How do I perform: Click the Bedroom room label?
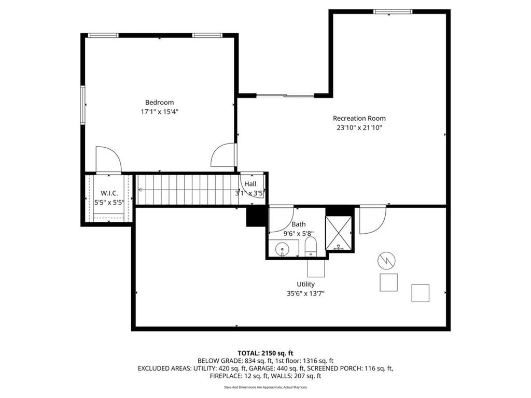click(x=159, y=102)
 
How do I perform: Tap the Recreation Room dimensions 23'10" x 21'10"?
click(x=359, y=127)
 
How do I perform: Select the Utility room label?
click(x=305, y=285)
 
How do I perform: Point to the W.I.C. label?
click(x=109, y=193)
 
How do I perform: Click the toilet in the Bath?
click(x=311, y=247)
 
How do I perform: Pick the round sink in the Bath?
click(x=282, y=249)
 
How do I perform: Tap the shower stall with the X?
click(x=338, y=233)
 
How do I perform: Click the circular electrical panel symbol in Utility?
click(x=386, y=261)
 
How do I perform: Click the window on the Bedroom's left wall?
click(x=82, y=105)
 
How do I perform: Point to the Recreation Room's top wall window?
click(x=393, y=12)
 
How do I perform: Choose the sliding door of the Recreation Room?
click(x=285, y=96)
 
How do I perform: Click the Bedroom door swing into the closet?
click(x=109, y=160)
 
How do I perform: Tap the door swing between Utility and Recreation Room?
click(x=373, y=220)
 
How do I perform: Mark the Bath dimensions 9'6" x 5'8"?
click(x=298, y=233)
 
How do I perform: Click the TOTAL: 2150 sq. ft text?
click(x=265, y=353)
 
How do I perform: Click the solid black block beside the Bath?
click(x=257, y=216)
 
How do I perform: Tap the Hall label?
click(x=250, y=184)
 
